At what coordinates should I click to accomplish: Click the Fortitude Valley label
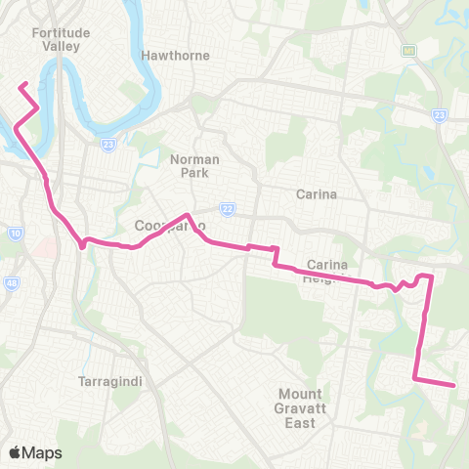tap(61, 39)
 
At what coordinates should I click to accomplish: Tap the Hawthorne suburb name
tap(175, 56)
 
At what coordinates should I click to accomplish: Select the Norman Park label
tap(194, 165)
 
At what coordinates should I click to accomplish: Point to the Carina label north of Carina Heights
tap(317, 193)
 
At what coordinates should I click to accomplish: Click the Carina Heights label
tap(327, 271)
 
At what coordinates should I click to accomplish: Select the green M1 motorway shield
tap(404, 49)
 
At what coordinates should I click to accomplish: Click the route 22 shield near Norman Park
tap(227, 208)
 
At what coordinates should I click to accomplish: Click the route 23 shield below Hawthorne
tap(108, 144)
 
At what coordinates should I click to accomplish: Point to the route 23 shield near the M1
tap(439, 115)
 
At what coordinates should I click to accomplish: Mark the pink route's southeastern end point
tap(454, 385)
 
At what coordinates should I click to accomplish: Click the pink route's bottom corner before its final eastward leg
tap(417, 376)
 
